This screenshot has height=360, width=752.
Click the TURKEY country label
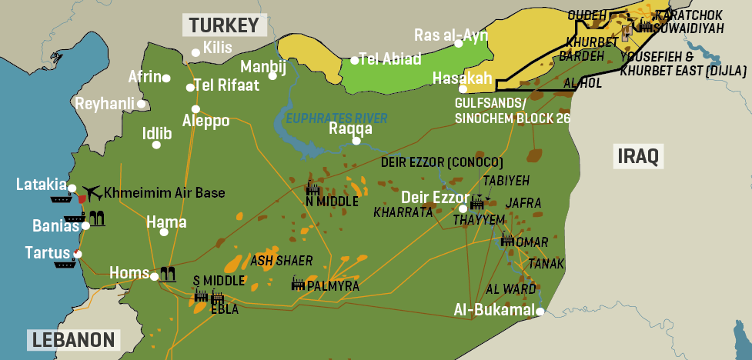click(x=224, y=25)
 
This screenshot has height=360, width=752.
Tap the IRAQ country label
click(x=637, y=156)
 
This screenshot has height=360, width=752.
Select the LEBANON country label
click(x=73, y=340)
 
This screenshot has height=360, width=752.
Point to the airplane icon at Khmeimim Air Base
click(x=93, y=192)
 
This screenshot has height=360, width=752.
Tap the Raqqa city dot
click(x=356, y=141)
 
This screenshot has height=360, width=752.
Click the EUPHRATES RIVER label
click(x=336, y=118)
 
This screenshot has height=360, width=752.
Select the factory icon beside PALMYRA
click(x=298, y=285)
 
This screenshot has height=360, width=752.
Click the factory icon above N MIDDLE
click(x=312, y=188)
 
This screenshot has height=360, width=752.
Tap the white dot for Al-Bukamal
click(x=540, y=312)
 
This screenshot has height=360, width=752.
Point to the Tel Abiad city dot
click(x=354, y=60)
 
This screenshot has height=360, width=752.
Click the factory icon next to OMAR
click(x=507, y=241)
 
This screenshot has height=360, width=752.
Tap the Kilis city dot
click(x=196, y=53)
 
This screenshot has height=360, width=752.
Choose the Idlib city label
click(x=157, y=132)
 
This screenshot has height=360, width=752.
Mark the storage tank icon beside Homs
click(x=168, y=273)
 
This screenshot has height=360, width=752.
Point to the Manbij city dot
click(x=272, y=76)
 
